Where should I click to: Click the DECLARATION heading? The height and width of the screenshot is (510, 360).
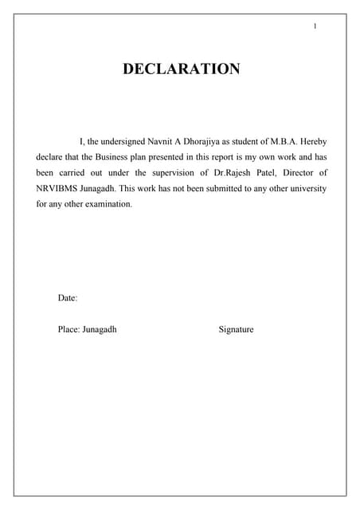[x=181, y=69]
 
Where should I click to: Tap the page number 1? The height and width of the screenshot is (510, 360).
[x=315, y=27]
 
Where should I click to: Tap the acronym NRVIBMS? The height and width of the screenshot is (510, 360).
[x=57, y=189]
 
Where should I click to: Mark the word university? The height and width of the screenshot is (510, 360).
[x=307, y=189]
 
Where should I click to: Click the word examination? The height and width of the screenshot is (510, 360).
[x=106, y=205]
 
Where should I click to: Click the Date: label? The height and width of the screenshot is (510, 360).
[x=68, y=298]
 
